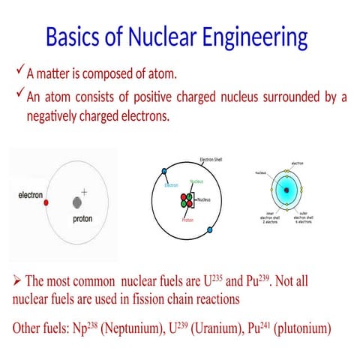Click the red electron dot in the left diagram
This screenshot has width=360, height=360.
point(46,202)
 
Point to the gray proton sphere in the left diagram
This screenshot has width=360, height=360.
point(76,202)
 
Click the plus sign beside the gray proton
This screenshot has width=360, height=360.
point(84,192)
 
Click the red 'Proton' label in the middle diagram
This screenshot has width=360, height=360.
point(187,220)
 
